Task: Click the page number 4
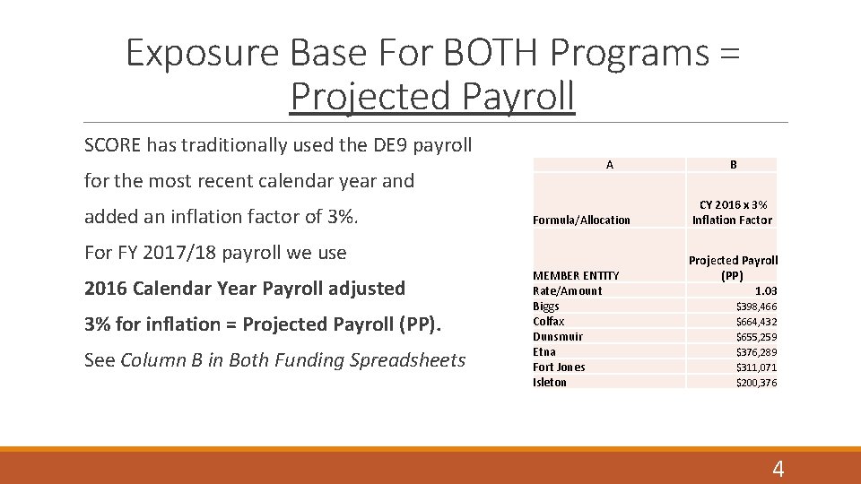click(x=778, y=468)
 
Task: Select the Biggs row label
click(x=545, y=306)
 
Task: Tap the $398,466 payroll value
click(x=756, y=306)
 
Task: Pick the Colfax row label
click(x=548, y=321)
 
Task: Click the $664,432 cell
click(x=756, y=321)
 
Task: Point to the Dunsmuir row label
click(x=557, y=336)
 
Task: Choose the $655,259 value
click(x=756, y=336)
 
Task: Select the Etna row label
click(x=544, y=351)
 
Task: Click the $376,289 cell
click(x=756, y=351)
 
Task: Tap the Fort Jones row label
click(x=559, y=367)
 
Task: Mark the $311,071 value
click(x=756, y=367)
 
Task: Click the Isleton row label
click(x=550, y=382)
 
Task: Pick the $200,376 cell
click(x=756, y=382)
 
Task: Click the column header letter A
click(x=609, y=165)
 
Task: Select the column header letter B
click(x=733, y=165)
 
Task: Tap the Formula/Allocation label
click(x=581, y=220)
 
